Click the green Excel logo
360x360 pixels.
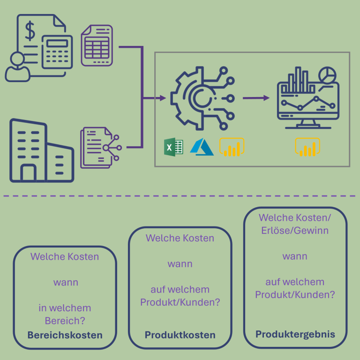pyautogui.click(x=173, y=148)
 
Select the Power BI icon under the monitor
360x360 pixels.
pyautogui.click(x=307, y=147)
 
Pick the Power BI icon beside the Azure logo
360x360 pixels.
pyautogui.click(x=232, y=147)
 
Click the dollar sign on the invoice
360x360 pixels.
pyautogui.click(x=30, y=31)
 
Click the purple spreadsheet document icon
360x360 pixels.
pyautogui.click(x=97, y=45)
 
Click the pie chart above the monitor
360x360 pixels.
pyautogui.click(x=327, y=75)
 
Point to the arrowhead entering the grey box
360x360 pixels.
pyautogui.click(x=162, y=98)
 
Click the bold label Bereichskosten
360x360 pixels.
pyautogui.click(x=65, y=335)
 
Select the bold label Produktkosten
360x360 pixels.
pyautogui.click(x=180, y=335)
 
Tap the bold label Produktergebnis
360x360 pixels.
pyautogui.click(x=295, y=334)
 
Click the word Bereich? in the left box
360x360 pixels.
pyautogui.click(x=65, y=321)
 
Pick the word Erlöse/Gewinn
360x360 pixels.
pyautogui.click(x=295, y=230)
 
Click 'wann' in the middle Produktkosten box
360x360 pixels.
pyautogui.click(x=180, y=264)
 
